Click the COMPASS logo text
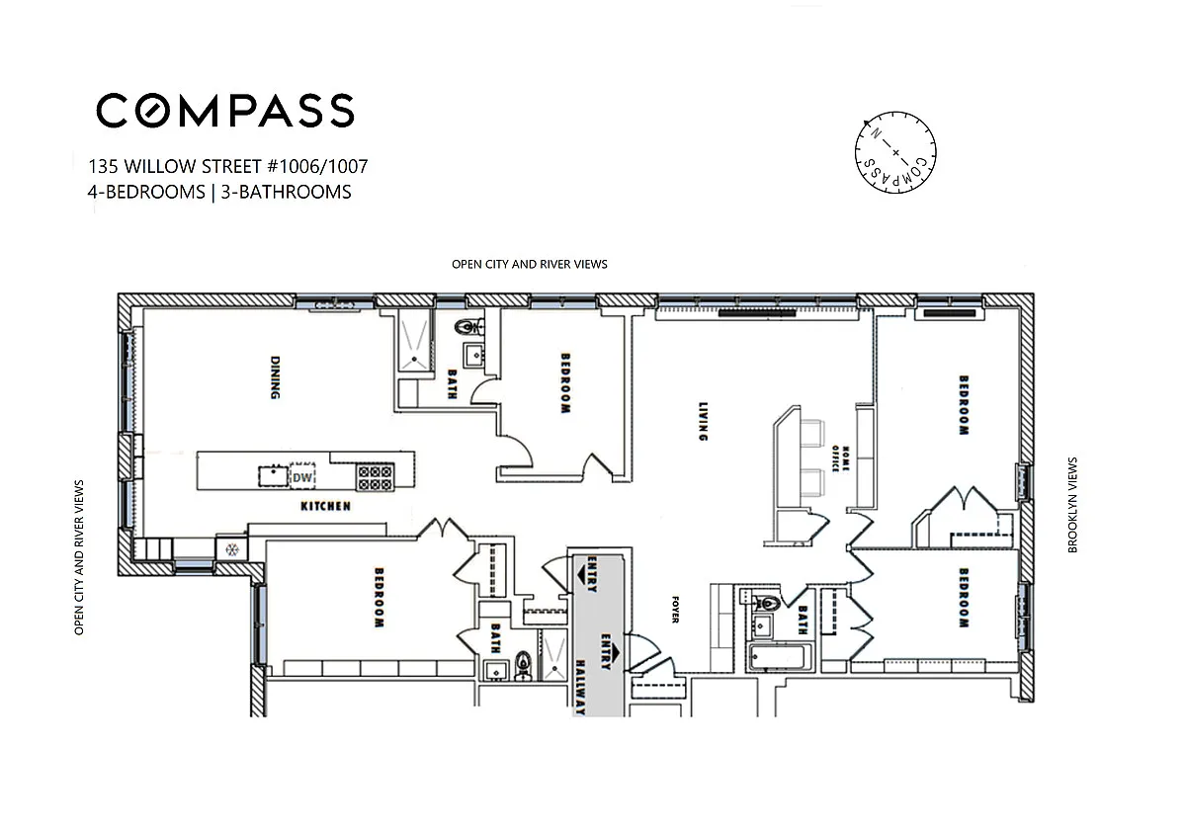point(225,111)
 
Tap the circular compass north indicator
point(895,152)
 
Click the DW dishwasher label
point(302,477)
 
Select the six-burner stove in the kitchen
point(375,478)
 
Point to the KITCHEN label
point(325,507)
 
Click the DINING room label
point(275,377)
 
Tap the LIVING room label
point(703,421)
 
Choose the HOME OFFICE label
point(840,458)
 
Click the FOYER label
point(675,610)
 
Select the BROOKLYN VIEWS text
point(1072,505)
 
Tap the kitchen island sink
point(273,476)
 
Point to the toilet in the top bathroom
point(469,327)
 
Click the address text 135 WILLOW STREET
point(175,166)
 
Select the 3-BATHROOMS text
point(286,192)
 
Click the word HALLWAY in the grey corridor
point(581,688)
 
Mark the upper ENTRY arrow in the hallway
point(588,573)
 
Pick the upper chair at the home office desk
point(811,433)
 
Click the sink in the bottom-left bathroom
point(496,671)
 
